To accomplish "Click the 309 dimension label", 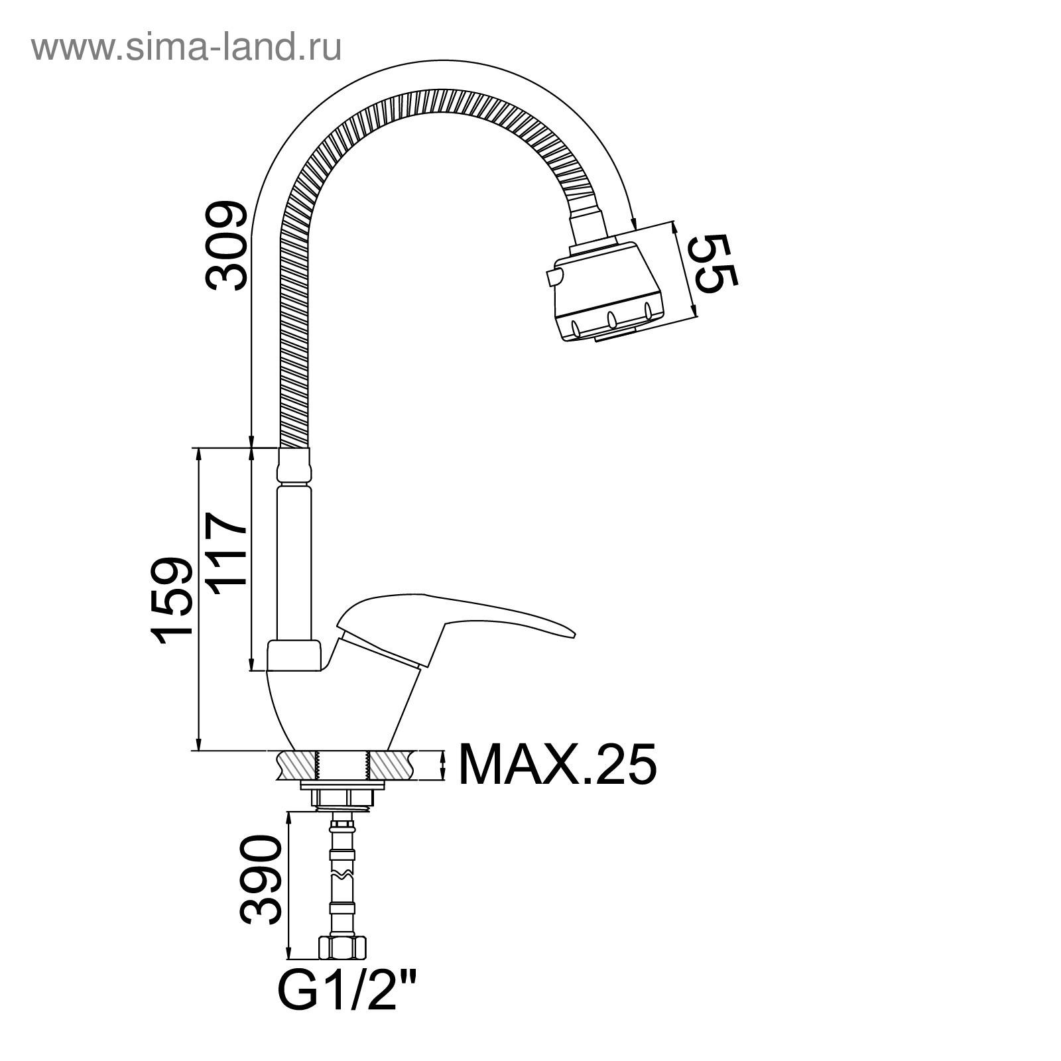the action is [x=227, y=247].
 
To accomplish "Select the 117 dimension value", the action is [x=227, y=550].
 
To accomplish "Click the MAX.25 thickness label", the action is [x=558, y=764].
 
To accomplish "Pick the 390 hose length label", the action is [x=260, y=880].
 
